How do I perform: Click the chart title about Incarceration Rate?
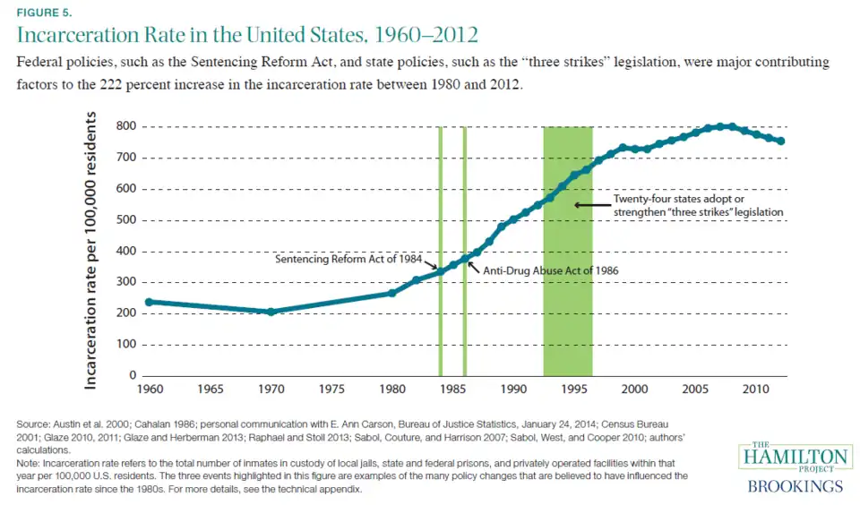(247, 36)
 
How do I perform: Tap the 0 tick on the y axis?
(131, 375)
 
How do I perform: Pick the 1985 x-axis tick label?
(452, 390)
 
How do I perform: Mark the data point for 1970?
(270, 312)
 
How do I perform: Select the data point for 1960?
(148, 302)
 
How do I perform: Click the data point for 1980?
(391, 293)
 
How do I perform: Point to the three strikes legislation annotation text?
(698, 205)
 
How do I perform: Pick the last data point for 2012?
(781, 141)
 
